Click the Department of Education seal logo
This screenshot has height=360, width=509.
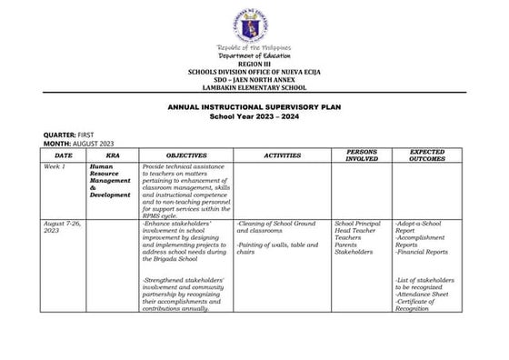254,22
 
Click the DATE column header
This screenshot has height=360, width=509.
63,155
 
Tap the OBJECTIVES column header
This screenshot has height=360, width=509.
186,155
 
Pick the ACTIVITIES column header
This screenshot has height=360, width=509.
282,155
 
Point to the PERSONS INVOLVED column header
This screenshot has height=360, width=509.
362,155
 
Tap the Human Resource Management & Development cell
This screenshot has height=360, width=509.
110,181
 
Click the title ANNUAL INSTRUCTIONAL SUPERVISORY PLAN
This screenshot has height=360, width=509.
254,107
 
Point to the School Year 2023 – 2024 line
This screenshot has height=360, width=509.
254,116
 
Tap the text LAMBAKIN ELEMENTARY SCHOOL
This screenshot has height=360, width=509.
254,87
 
